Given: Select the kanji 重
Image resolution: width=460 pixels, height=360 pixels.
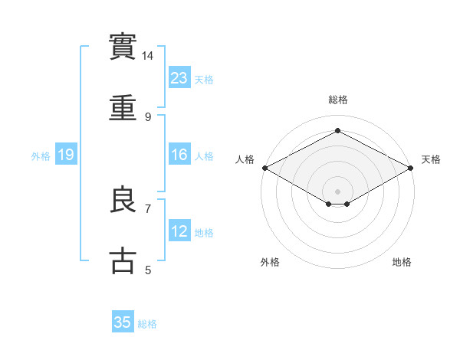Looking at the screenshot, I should [123, 109].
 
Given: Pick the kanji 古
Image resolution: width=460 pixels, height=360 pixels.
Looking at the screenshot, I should [123, 260].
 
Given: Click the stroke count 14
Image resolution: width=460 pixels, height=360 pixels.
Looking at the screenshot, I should [148, 56].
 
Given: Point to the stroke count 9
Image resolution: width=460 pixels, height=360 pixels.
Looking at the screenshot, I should [148, 117].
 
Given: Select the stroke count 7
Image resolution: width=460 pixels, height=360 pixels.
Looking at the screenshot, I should [148, 208].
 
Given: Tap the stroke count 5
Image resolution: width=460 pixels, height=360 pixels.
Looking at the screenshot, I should [148, 270].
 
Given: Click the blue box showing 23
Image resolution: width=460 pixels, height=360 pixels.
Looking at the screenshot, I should [179, 77].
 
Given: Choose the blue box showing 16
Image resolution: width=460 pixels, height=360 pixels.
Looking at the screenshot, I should [179, 155].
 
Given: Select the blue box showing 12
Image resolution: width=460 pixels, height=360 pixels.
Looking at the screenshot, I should [179, 231].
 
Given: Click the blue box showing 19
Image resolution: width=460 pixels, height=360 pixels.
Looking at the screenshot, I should [66, 155].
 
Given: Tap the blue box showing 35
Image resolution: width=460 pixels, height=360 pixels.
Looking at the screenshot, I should [123, 322].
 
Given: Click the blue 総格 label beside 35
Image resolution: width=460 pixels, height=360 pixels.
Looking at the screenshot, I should [147, 324].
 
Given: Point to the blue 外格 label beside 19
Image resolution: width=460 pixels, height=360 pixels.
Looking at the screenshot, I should [41, 156].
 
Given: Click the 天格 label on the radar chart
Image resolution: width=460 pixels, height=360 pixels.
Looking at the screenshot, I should [431, 159].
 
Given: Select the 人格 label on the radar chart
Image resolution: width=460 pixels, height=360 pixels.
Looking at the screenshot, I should [245, 159].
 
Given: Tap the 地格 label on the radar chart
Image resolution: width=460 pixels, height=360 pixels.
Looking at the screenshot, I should [402, 263].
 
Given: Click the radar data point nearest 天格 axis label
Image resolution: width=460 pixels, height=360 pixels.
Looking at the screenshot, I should [412, 168].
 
